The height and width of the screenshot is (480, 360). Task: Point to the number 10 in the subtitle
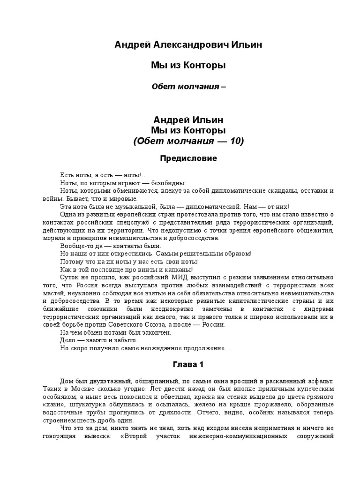(x=234, y=141)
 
